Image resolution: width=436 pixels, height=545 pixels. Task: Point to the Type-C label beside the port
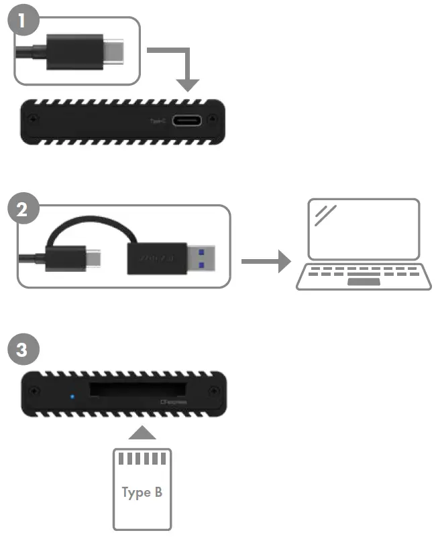[158, 121]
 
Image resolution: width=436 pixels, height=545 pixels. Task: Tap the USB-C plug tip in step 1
[115, 52]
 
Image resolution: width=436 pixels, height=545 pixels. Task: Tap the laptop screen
[362, 229]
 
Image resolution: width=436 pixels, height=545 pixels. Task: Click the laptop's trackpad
[363, 282]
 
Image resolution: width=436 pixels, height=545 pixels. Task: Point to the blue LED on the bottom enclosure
[72, 396]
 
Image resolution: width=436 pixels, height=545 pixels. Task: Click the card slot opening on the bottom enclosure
[138, 390]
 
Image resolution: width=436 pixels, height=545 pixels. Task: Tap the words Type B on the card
[142, 493]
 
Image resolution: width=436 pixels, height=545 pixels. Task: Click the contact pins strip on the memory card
[142, 459]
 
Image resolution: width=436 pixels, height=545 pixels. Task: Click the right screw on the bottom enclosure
[213, 392]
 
